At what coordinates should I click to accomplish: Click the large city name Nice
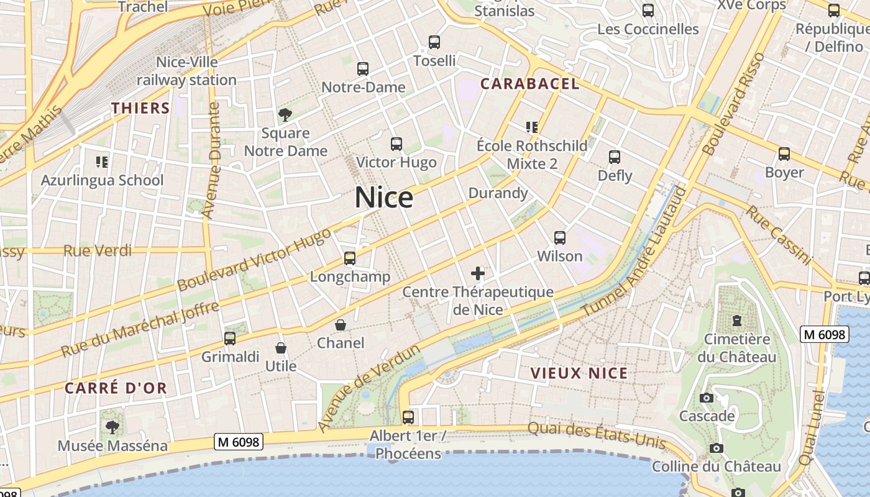pos(384,198)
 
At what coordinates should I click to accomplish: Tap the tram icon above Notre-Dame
pos(363,69)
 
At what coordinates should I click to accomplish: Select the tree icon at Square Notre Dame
pos(285,115)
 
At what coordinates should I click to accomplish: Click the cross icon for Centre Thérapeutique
pos(478,273)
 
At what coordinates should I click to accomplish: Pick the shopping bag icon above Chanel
pos(341,325)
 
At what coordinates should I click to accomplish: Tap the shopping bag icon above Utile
pos(281,348)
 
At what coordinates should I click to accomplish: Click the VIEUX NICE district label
pos(579,373)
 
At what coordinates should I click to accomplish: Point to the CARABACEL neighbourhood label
pos(530,84)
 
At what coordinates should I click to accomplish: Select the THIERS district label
pos(140,108)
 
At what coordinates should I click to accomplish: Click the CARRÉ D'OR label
pos(116,388)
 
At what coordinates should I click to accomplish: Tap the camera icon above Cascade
pos(707,398)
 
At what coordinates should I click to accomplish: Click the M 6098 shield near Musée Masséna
pos(239,442)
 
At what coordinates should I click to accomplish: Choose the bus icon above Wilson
pos(560,238)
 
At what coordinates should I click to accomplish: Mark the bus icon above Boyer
pos(784,154)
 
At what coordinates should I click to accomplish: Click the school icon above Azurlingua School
pos(102,162)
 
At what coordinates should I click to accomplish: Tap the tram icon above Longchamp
pos(350,258)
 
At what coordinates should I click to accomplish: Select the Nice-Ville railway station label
pos(186,71)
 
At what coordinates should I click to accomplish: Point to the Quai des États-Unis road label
pos(597,435)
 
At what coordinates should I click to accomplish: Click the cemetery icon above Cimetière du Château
pos(737,321)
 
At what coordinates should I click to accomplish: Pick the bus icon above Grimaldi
pos(230,339)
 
